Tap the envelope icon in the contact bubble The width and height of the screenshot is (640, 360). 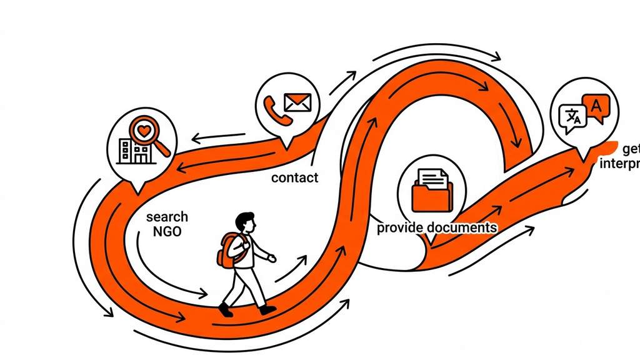coord(297,102)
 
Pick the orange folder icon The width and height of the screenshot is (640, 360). coord(431,194)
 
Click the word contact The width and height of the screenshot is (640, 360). coord(294,177)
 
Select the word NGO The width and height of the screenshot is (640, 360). coord(167,231)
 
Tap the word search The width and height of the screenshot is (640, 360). coord(167,217)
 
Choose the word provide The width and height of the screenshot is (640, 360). coord(400,227)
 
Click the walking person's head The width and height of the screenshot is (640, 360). coord(246,222)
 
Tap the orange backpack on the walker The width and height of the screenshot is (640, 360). coord(226,251)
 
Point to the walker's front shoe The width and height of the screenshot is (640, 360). coord(268,309)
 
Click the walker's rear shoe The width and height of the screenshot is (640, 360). coord(225,309)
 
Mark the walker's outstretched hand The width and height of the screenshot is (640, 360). coord(272,257)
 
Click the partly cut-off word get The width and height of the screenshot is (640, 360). coord(630,149)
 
